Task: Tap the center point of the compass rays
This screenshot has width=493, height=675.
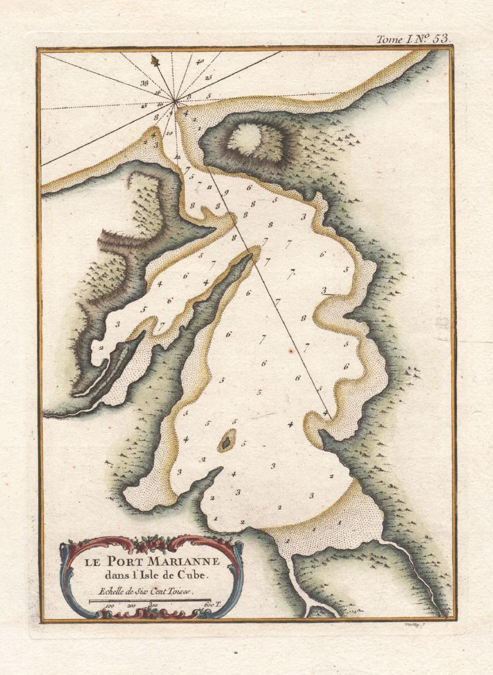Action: coord(175,101)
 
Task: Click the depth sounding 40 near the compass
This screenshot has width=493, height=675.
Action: coord(201,62)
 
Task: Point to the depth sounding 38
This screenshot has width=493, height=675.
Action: coord(144,81)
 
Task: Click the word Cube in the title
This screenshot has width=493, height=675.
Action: coord(197,576)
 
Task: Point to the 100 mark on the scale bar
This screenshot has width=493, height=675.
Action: coord(111,606)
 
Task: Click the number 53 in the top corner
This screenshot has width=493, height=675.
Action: coord(440,38)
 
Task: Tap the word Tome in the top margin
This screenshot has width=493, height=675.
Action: coord(389,39)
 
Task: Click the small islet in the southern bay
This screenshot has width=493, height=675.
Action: coord(227,439)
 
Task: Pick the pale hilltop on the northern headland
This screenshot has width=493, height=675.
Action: coord(254,139)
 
